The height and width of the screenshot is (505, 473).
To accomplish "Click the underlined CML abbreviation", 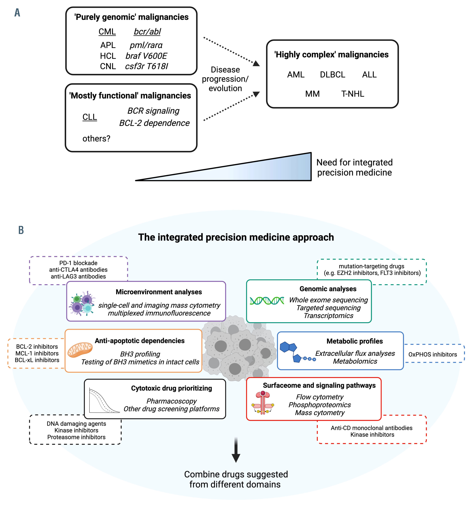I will coord(107,32).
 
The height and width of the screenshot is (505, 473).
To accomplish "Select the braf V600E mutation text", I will coord(146,56).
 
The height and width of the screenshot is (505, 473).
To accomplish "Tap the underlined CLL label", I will coord(90,117).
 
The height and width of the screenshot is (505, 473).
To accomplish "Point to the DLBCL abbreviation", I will coord(332,75).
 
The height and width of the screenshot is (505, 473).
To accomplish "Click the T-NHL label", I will coord(352,94).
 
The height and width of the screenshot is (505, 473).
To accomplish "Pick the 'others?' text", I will coord(96,139).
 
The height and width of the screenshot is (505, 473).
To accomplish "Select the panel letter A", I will coord(17,13).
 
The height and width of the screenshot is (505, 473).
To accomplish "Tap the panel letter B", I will coord(21,230).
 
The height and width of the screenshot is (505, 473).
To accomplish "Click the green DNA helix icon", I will coord(267,301).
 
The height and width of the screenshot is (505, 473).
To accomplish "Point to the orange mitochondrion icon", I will coord(80,350).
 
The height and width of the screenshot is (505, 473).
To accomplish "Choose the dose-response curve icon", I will coord(104,400).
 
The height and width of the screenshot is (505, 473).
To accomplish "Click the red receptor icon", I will coord(263,403).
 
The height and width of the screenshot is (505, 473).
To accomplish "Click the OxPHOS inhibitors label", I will coord(433,354).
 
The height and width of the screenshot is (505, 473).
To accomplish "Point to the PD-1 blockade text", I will coord(78,263).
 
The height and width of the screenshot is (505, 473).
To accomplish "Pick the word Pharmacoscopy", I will coord(172,401).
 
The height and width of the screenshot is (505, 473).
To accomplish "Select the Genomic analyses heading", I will coord(328,289).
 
